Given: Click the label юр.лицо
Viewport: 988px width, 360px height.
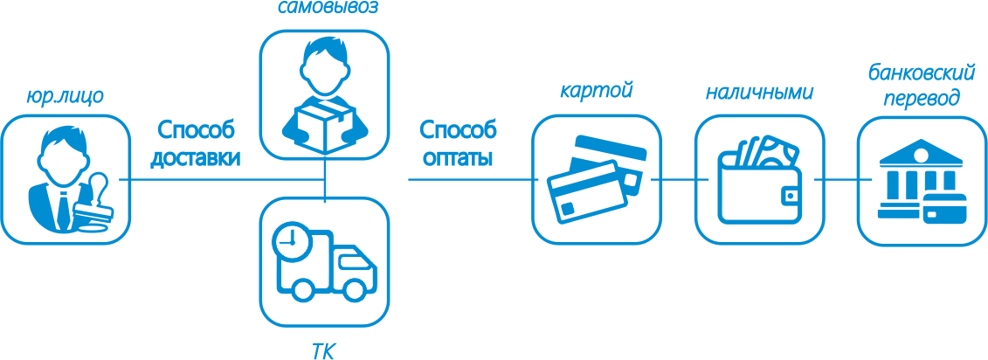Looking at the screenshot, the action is coord(66,97).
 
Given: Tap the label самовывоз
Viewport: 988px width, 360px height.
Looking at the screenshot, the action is coord(324,10).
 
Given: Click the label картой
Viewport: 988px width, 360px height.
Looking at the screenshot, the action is coord(596,90).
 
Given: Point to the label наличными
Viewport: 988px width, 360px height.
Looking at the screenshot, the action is coord(759,91).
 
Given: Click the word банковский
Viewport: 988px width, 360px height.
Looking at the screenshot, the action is coord(921,72).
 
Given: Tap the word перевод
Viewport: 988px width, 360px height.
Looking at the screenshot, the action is coord(922,98).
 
